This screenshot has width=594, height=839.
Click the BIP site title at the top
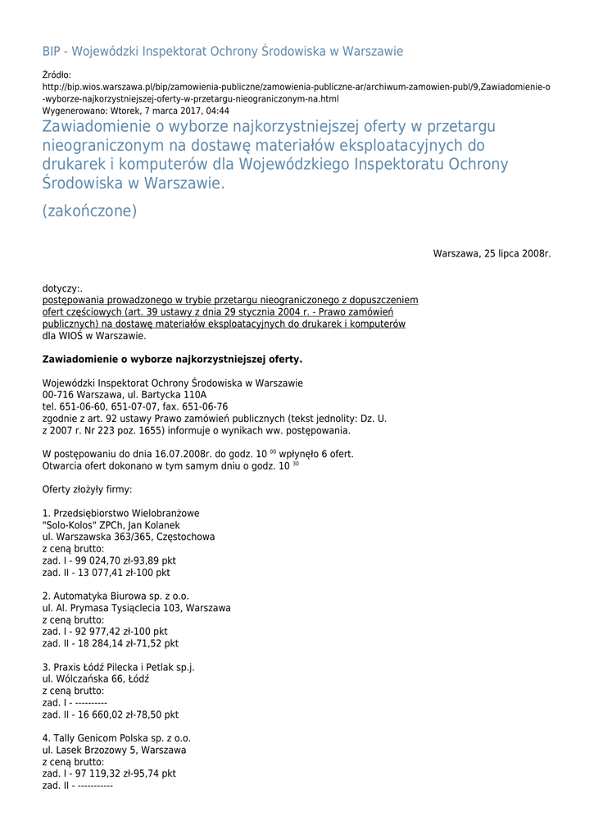click(x=223, y=52)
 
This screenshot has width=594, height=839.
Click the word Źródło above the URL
click(x=56, y=75)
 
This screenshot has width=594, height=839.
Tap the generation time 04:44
click(x=218, y=111)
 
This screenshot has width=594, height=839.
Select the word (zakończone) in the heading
click(x=89, y=211)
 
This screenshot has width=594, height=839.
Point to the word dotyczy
click(x=61, y=288)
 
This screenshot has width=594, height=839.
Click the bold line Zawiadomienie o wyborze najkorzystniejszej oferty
click(x=172, y=359)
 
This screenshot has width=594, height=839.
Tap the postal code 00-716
click(x=57, y=395)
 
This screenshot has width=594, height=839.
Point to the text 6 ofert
click(x=336, y=454)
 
